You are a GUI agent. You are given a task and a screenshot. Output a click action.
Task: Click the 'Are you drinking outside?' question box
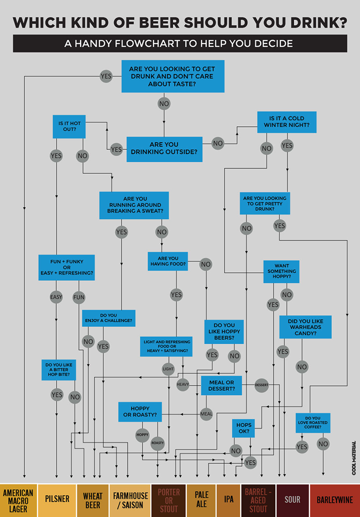[x=164, y=149]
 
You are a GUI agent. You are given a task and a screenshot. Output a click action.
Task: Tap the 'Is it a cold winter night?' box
[x=287, y=122]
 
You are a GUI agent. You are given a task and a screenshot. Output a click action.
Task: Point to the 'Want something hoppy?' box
[x=281, y=271]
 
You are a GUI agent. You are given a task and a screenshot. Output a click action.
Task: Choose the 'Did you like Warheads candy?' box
[x=305, y=327]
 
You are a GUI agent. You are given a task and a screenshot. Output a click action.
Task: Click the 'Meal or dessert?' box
[x=221, y=385]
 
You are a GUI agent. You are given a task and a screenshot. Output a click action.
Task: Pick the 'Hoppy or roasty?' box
[x=140, y=411]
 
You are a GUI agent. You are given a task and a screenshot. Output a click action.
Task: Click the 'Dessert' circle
[x=261, y=385]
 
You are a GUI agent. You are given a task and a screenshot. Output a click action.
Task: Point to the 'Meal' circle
[x=206, y=414]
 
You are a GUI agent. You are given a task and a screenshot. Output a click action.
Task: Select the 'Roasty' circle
[x=157, y=443]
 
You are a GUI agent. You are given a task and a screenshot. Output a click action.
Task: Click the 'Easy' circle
[x=56, y=297]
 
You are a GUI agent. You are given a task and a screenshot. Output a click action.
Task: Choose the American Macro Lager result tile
[x=18, y=500]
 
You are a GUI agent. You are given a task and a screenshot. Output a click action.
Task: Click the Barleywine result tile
[x=335, y=500]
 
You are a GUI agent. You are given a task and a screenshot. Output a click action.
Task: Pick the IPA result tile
[x=228, y=500]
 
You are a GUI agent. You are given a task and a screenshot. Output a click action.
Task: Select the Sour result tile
[x=292, y=500]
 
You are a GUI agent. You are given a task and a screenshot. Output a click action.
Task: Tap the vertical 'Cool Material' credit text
[x=354, y=458]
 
